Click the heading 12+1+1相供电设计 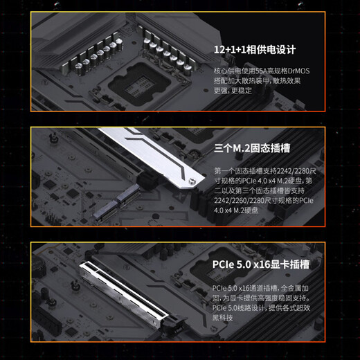click(255, 50)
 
